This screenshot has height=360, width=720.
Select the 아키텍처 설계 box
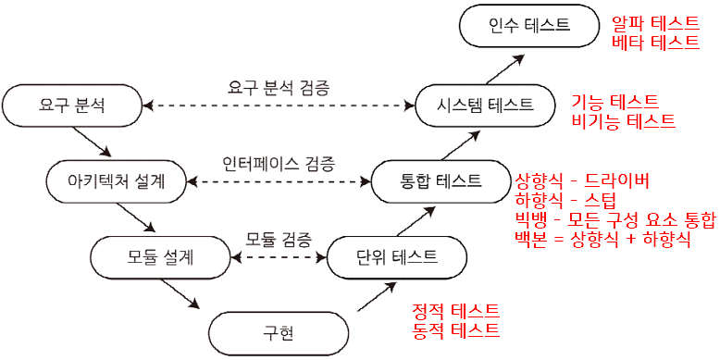(x=118, y=180)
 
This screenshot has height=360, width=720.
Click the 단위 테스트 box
(x=397, y=255)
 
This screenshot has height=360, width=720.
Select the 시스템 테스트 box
(x=487, y=104)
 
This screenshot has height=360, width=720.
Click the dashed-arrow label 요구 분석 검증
(x=278, y=88)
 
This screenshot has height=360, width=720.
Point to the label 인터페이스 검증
(x=279, y=163)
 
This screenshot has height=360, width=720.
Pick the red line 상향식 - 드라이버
(x=582, y=180)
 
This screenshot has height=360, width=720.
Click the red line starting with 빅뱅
(x=615, y=219)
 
